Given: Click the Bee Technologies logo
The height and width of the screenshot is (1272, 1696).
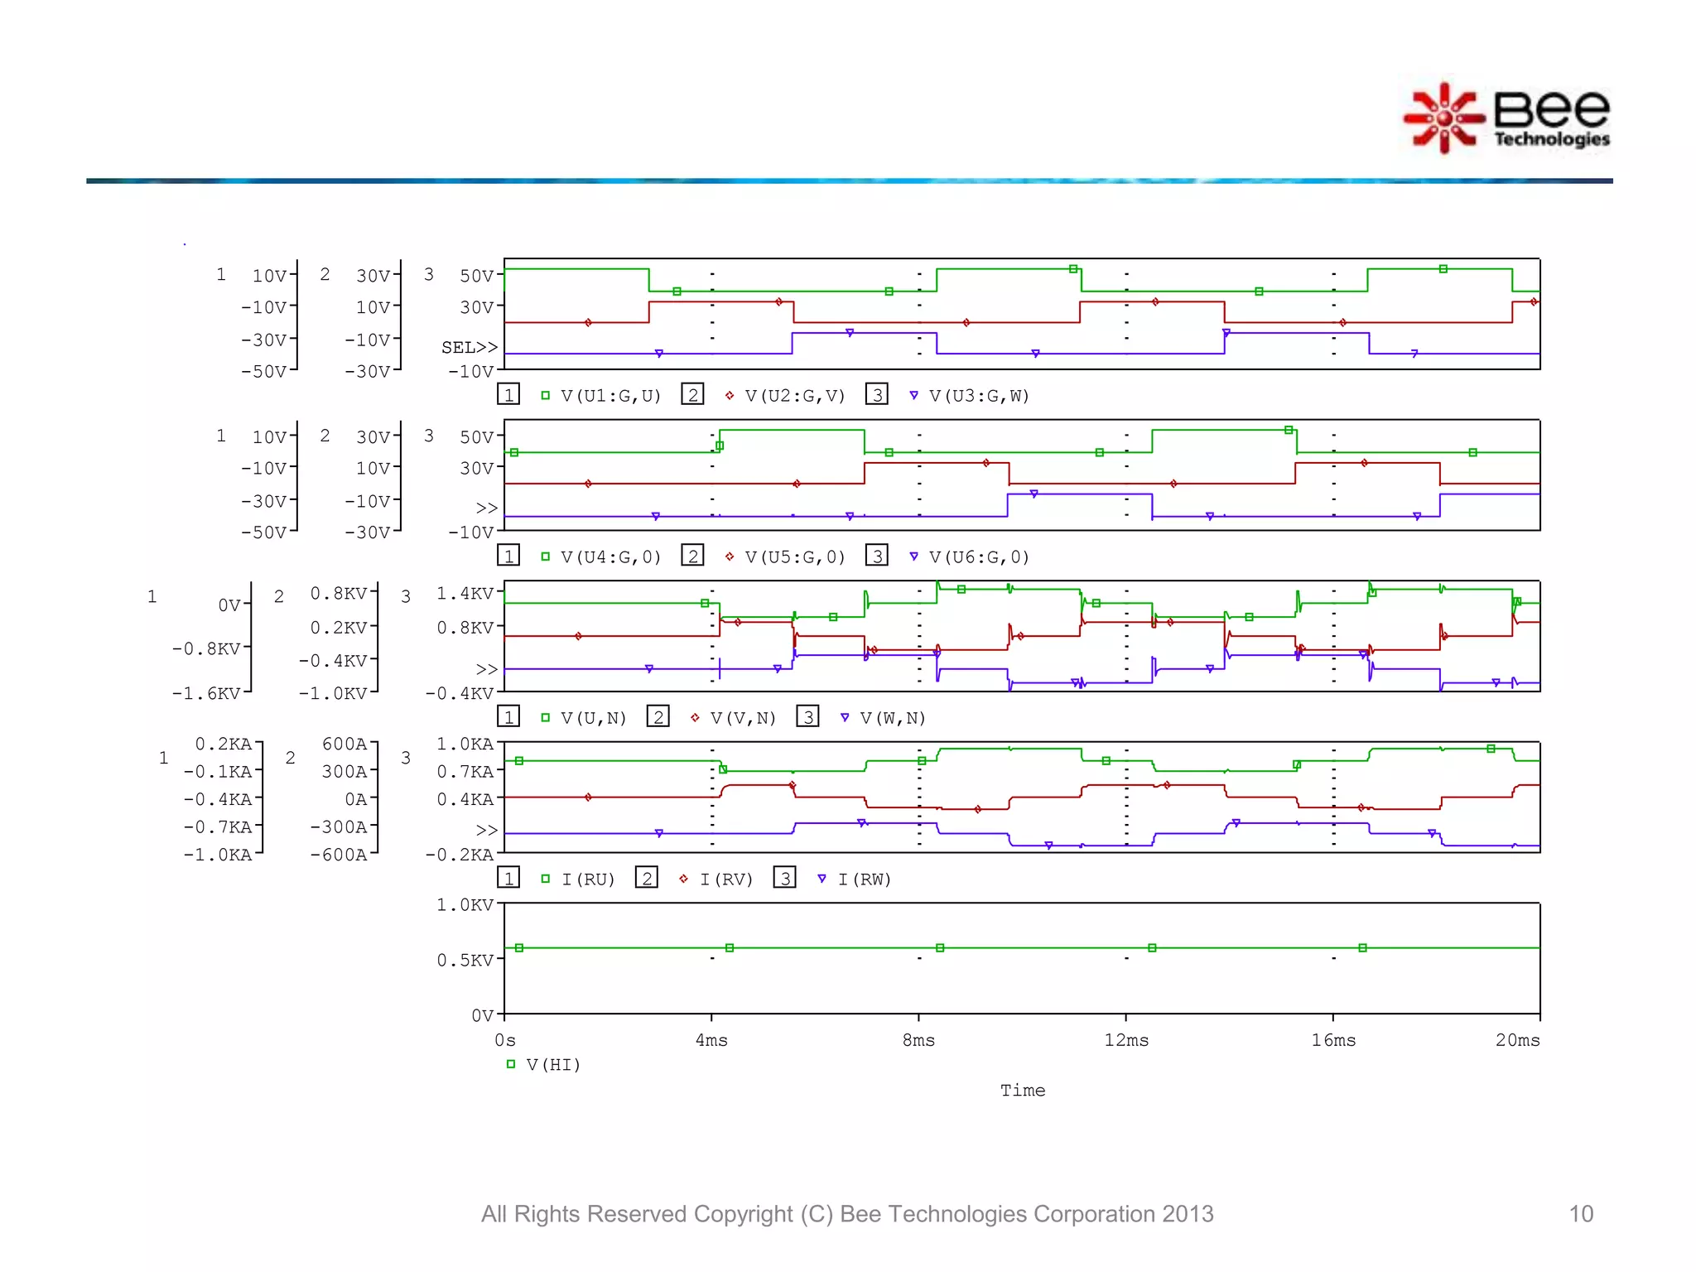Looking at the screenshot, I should click(1507, 118).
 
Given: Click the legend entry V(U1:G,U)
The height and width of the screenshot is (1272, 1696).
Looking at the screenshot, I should click(610, 396).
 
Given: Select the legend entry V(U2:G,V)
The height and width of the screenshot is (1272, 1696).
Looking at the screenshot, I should click(794, 396).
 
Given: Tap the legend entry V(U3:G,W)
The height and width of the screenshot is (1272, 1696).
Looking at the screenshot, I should click(978, 396).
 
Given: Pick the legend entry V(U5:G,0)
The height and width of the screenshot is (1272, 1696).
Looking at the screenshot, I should click(794, 557).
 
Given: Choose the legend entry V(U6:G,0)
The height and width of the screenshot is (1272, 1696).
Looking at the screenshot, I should click(978, 557).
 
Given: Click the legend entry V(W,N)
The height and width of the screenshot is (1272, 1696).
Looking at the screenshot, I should click(892, 718).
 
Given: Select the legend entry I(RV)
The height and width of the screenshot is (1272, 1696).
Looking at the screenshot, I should click(725, 879).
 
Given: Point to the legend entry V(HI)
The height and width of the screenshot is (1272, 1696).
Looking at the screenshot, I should click(552, 1065).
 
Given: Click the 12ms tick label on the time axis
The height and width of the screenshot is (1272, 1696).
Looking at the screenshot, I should click(1126, 1040).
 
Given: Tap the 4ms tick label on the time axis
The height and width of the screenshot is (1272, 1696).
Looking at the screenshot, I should click(711, 1040).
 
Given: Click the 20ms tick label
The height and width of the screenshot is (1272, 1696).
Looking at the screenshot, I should click(1517, 1040).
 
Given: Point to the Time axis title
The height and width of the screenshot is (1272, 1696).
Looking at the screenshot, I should click(1023, 1091).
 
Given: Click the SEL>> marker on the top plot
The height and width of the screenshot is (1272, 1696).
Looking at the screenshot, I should click(469, 348).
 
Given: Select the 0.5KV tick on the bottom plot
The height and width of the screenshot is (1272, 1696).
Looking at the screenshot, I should click(465, 961).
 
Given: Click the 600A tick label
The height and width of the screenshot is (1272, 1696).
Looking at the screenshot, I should click(344, 744).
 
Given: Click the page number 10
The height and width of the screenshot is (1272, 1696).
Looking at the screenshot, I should click(1580, 1214).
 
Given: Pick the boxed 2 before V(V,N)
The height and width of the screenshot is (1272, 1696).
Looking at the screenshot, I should click(658, 717).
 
